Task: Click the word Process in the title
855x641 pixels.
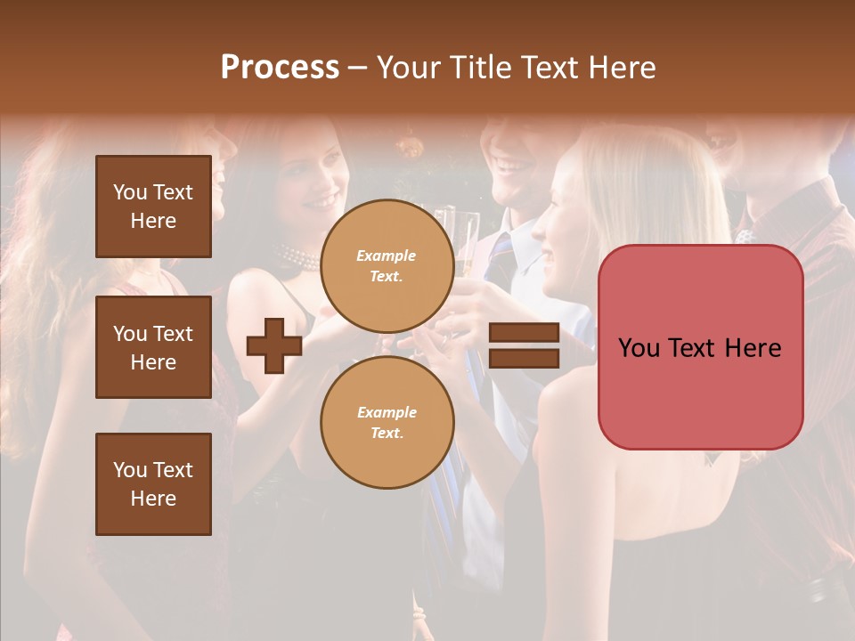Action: coord(280,68)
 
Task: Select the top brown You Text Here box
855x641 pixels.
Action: coord(153,207)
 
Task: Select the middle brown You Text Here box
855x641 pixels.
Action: coord(153,347)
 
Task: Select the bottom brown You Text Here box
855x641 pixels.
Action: coord(153,484)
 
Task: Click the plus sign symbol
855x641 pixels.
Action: coord(274,346)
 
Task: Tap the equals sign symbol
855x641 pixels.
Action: coord(524,346)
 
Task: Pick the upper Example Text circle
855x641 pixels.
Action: coord(387,265)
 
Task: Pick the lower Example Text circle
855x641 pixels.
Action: coord(387,422)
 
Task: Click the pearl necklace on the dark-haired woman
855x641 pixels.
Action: coord(298,258)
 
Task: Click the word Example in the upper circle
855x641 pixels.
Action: coord(387,256)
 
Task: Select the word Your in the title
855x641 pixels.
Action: coord(410,68)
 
